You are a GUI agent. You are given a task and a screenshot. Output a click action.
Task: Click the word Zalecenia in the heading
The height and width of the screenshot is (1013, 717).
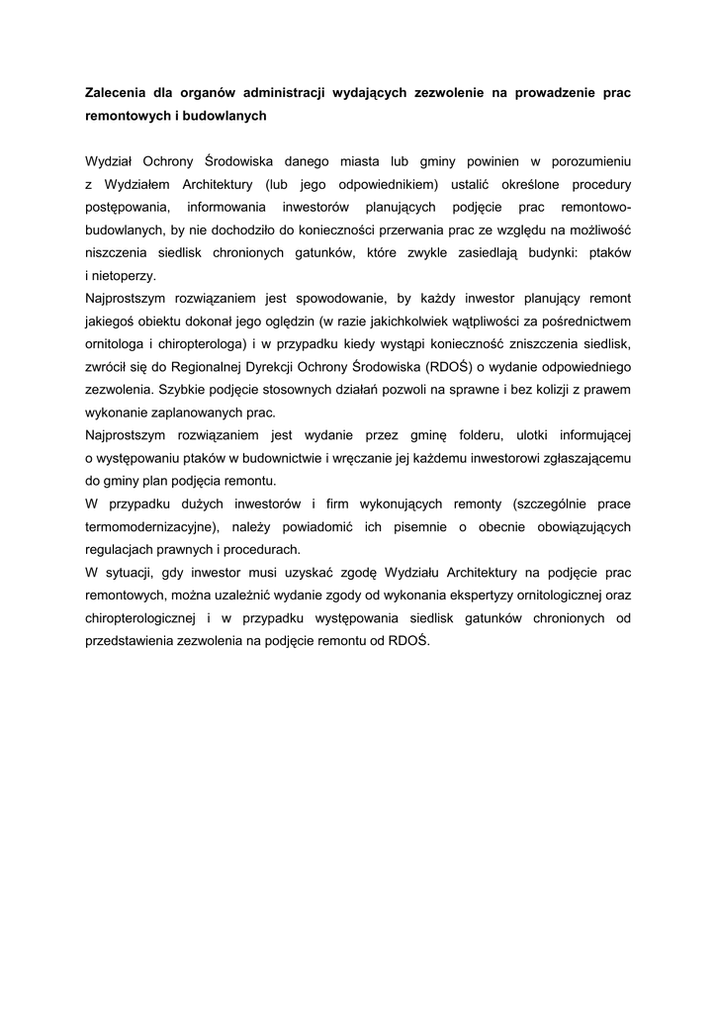119,93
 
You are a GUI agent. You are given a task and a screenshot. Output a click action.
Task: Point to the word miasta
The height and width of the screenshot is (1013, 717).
393,159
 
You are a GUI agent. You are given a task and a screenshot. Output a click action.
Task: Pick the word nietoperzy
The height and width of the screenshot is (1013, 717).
124,276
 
